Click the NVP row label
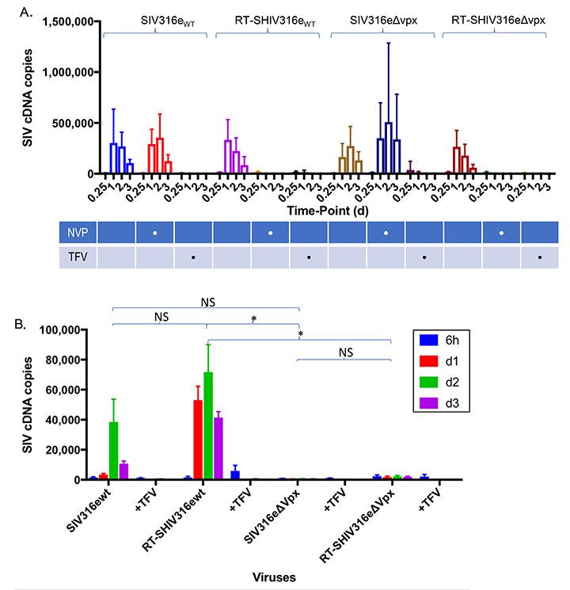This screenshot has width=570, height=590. (x=76, y=233)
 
